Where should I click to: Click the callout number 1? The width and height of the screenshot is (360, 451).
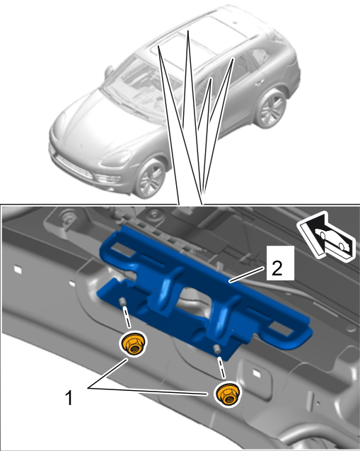[69, 398]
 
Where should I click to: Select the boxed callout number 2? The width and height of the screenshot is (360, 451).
[280, 263]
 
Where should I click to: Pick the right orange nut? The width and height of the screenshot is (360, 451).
[228, 394]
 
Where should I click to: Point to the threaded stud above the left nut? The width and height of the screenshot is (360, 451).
[122, 302]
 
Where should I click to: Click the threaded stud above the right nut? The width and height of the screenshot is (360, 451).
[216, 350]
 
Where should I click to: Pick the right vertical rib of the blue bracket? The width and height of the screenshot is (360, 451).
[225, 316]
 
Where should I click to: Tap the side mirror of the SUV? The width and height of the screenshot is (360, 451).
[109, 72]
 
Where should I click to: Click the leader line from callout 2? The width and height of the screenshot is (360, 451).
[247, 275]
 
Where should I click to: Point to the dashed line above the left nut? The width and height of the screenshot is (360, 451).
[127, 317]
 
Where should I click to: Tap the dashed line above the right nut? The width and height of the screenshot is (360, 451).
[221, 367]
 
